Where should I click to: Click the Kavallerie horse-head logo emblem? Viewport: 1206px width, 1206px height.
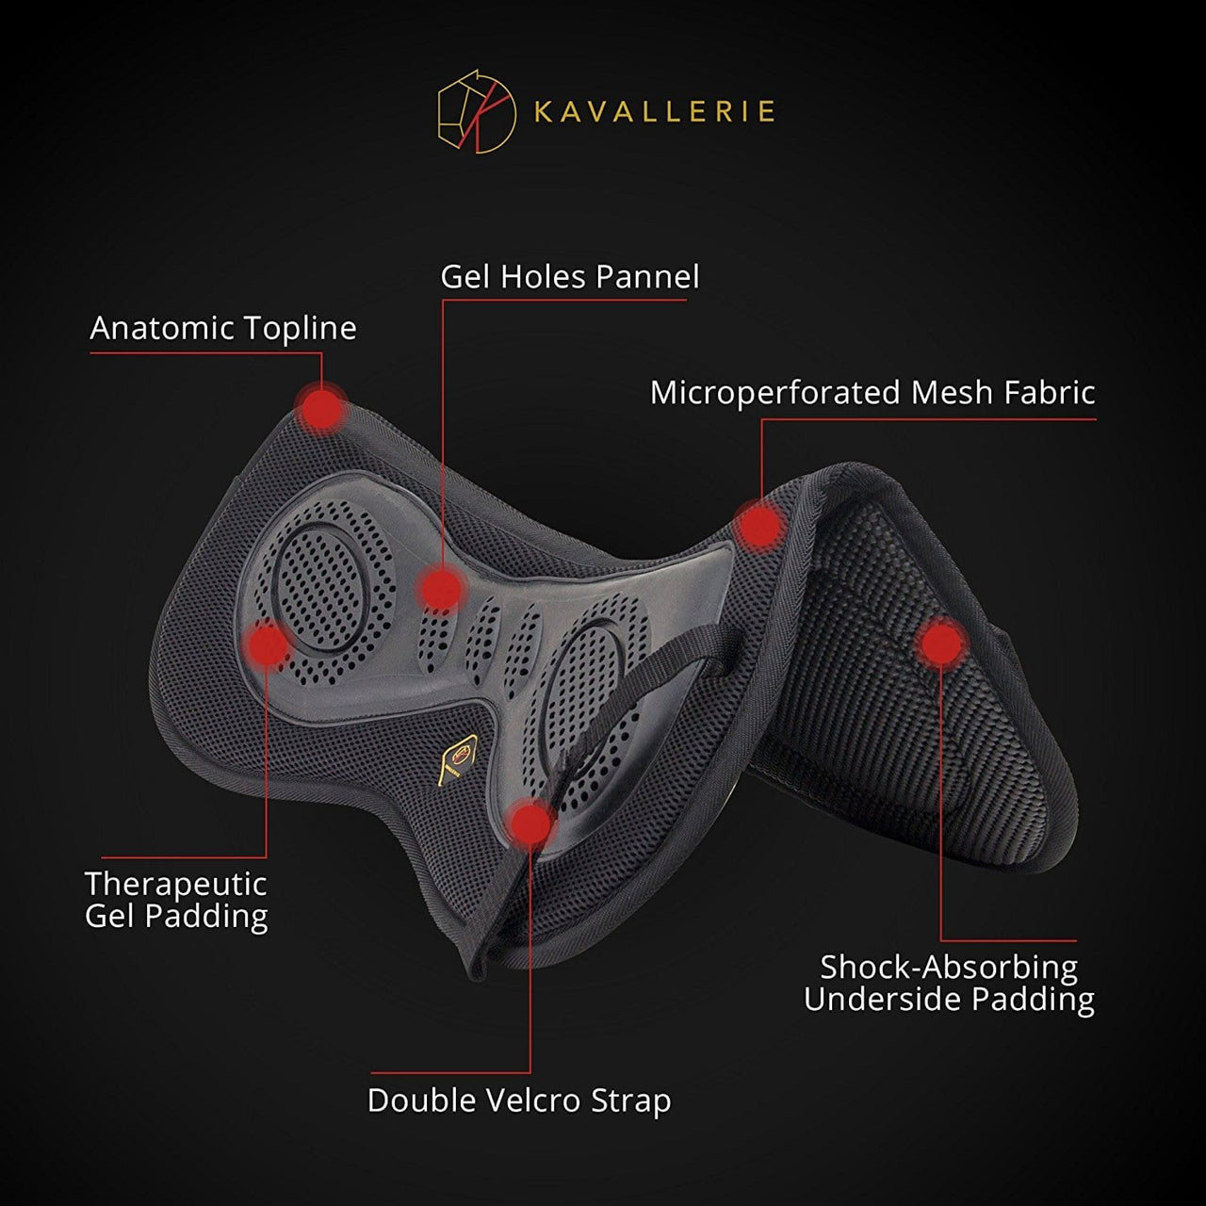click(477, 111)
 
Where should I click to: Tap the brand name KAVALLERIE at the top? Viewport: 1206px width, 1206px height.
click(655, 112)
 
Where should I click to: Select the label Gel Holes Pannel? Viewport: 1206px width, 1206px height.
click(569, 277)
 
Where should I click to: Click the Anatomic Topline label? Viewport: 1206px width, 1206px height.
click(223, 328)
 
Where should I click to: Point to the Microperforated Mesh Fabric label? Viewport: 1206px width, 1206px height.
click(872, 393)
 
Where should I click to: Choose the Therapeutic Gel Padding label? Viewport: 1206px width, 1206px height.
click(176, 901)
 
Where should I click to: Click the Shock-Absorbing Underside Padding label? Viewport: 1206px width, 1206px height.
click(949, 983)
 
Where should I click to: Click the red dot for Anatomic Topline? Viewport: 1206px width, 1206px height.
click(321, 408)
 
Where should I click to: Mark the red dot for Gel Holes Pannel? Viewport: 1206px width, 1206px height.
click(442, 588)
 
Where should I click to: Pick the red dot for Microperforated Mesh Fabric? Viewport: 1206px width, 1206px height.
click(759, 525)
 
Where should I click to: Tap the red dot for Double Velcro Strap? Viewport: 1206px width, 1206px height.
click(530, 823)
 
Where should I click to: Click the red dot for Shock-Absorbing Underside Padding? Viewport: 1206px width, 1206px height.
click(941, 643)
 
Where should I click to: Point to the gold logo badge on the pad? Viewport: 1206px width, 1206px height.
click(459, 759)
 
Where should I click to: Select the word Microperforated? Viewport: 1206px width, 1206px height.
click(774, 393)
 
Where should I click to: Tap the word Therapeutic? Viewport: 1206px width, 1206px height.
click(176, 885)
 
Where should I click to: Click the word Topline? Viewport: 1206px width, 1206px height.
click(300, 328)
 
